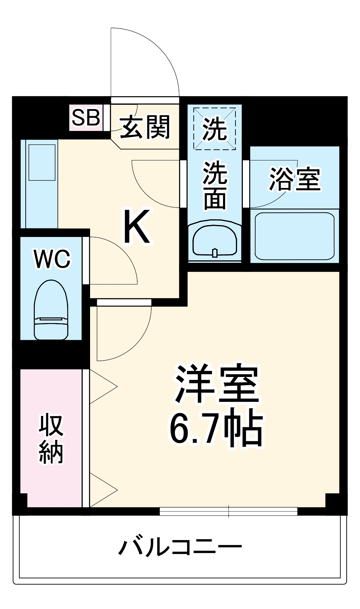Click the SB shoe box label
[86, 118]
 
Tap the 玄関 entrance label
[145, 127]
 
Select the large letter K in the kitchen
[137, 226]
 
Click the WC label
[52, 259]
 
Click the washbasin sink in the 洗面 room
[215, 241]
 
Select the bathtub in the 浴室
[294, 236]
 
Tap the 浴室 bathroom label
[295, 179]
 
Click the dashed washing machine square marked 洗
[215, 129]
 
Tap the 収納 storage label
[51, 439]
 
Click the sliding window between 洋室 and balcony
[228, 511]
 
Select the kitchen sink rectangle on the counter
[42, 162]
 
